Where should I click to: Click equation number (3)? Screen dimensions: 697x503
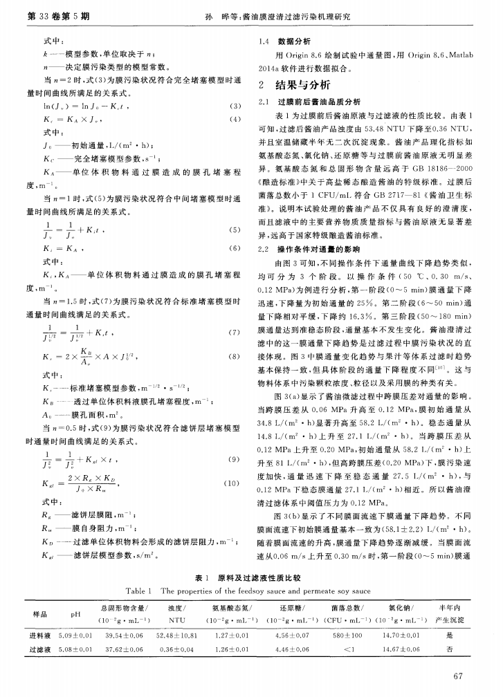[x=235, y=106]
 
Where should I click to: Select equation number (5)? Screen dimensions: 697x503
[x=235, y=230]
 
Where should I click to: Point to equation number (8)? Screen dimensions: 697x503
[x=235, y=359]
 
